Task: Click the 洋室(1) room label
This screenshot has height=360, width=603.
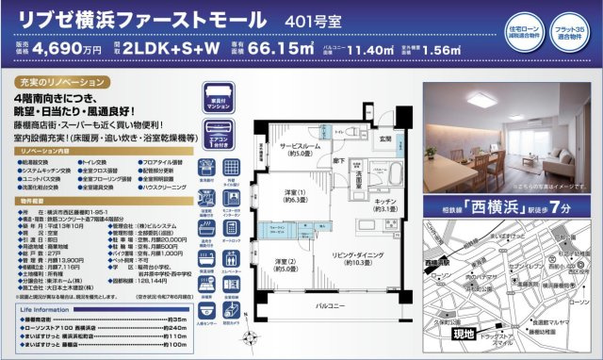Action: pos(294,194)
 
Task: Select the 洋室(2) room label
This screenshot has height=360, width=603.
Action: pos(284,264)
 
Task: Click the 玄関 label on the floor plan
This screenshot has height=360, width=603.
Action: pos(384,139)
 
